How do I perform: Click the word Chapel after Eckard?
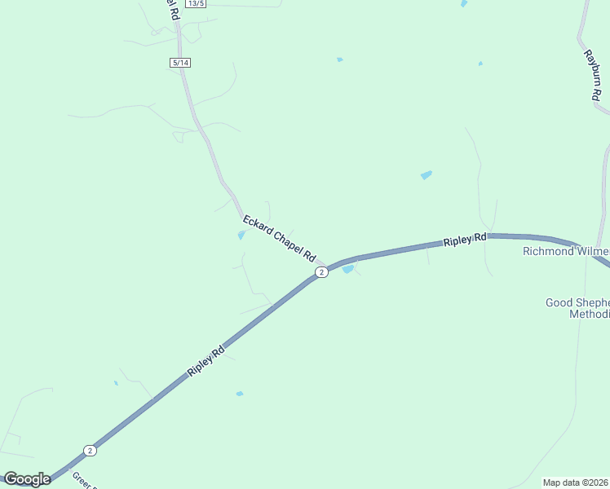click(288, 242)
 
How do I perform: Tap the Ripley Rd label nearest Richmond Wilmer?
click(465, 240)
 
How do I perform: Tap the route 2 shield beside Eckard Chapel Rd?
click(322, 272)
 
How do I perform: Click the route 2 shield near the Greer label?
click(90, 451)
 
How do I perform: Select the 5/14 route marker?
click(181, 63)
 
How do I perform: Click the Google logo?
click(27, 479)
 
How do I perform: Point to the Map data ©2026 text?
click(576, 482)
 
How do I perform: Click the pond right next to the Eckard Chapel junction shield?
click(348, 269)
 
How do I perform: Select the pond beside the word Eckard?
click(241, 236)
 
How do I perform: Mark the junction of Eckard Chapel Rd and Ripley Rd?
click(325, 266)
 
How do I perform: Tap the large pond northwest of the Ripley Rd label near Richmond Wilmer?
click(426, 174)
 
